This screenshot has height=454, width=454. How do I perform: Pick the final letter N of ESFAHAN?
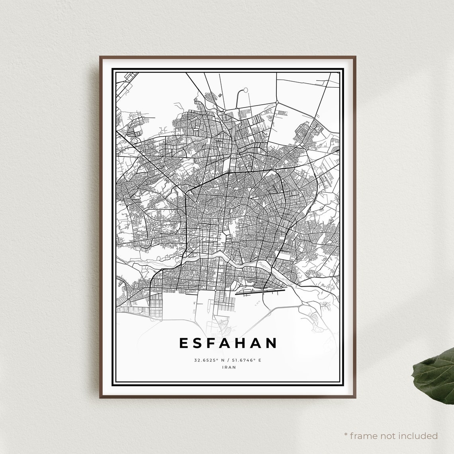[x=272, y=343]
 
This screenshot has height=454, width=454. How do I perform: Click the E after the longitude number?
[x=259, y=360]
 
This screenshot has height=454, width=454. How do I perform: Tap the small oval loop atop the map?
[x=245, y=90]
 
